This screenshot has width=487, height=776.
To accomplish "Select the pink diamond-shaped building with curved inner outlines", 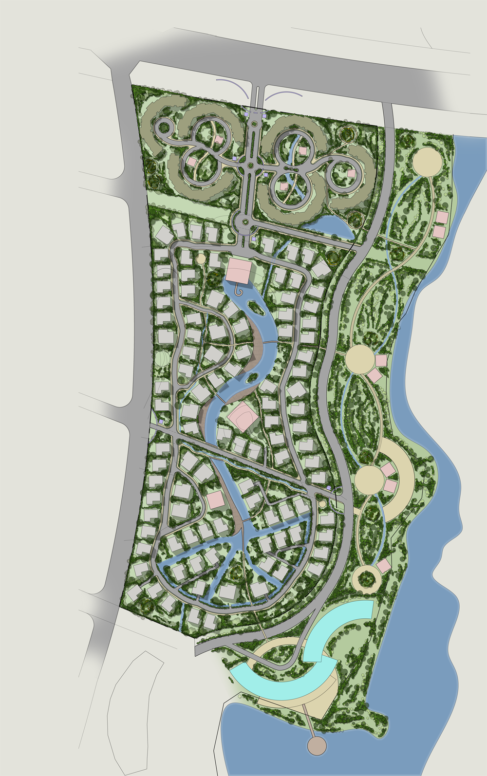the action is (243, 418).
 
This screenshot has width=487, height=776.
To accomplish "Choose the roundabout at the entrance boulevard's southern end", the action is (243, 223).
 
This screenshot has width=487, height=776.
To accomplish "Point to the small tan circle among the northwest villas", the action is (201, 258).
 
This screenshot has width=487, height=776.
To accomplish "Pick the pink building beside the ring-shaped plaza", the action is (384, 566).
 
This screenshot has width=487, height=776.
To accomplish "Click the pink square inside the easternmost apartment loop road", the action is (351, 173).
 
